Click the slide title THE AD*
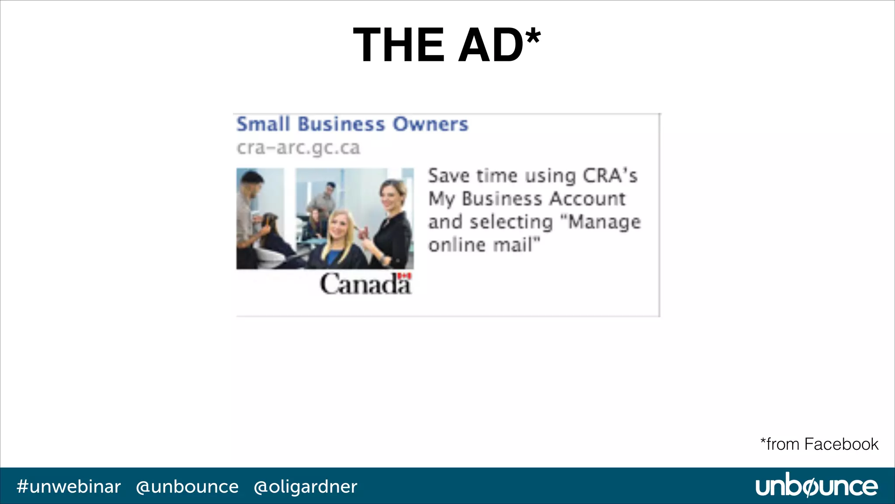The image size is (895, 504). pyautogui.click(x=447, y=45)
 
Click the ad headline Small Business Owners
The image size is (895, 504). pyautogui.click(x=352, y=124)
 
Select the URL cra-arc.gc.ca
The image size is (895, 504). pyautogui.click(x=298, y=148)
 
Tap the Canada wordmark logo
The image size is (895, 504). pyautogui.click(x=365, y=284)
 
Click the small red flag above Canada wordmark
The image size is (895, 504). pyautogui.click(x=405, y=276)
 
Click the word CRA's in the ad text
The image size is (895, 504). pyautogui.click(x=610, y=176)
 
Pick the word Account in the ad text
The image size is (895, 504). pyautogui.click(x=587, y=199)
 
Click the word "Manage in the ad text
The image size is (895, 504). pyautogui.click(x=604, y=222)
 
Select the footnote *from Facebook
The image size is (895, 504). pyautogui.click(x=819, y=444)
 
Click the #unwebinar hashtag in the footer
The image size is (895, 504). pyautogui.click(x=69, y=486)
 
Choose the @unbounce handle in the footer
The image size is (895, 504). pyautogui.click(x=187, y=486)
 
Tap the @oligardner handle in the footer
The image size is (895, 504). pyautogui.click(x=305, y=486)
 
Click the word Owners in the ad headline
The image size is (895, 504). pyautogui.click(x=430, y=124)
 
